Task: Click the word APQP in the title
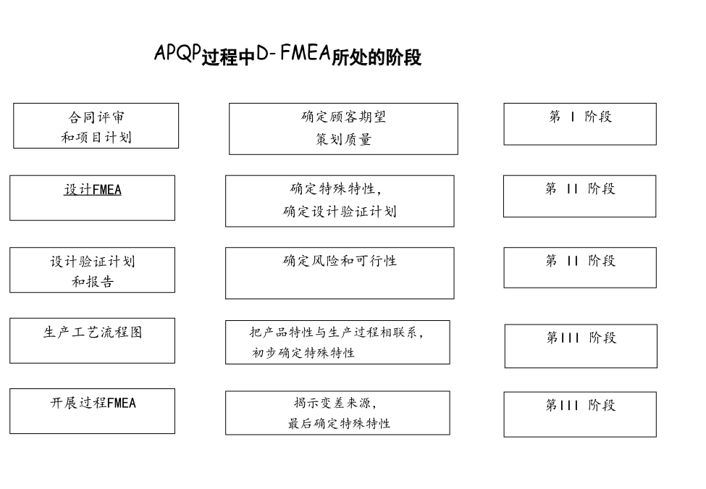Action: tap(177, 52)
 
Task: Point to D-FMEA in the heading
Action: tap(293, 53)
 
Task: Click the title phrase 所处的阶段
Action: tap(377, 57)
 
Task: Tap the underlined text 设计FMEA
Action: tap(93, 190)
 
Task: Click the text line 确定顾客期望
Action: tap(343, 117)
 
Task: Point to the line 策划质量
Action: tap(343, 139)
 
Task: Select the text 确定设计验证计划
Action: tap(340, 212)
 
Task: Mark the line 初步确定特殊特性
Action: tap(303, 353)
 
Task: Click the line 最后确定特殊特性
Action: tap(339, 423)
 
